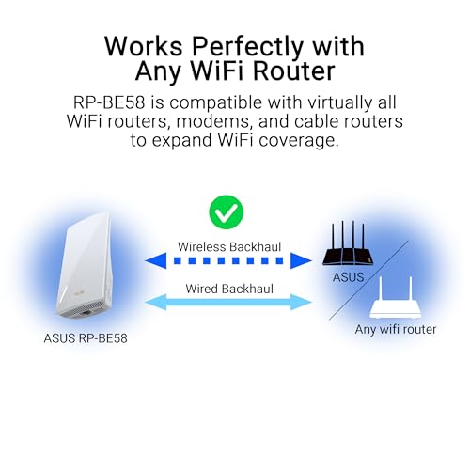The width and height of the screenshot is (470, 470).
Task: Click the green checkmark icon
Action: tap(226, 212)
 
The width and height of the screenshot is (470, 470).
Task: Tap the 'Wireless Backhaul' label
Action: tap(229, 247)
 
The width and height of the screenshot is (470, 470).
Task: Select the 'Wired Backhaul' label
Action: tap(229, 289)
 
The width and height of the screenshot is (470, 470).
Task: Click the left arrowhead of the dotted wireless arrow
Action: tap(156, 260)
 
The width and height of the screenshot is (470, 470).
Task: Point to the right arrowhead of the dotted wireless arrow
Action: tap(301, 260)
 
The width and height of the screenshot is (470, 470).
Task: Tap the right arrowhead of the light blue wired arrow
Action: tap(302, 303)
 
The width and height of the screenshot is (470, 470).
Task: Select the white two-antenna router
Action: tap(395, 297)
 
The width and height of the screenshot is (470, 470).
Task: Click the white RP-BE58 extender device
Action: tap(84, 265)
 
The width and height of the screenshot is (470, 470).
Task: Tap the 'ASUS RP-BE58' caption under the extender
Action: tap(86, 338)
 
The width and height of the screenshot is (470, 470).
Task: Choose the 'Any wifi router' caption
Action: tap(396, 329)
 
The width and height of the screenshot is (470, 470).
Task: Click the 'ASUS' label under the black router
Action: tap(348, 277)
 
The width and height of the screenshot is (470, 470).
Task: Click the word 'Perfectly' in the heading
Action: tap(247, 47)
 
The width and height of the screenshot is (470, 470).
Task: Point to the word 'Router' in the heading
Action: tap(293, 70)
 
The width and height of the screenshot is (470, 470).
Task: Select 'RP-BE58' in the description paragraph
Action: tap(109, 102)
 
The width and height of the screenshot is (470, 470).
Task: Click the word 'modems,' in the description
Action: tap(214, 121)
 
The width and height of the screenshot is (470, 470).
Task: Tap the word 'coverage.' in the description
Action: tap(299, 140)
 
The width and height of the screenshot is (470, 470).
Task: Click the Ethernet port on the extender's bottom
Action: tap(86, 312)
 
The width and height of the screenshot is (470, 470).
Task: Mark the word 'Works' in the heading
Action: tap(144, 46)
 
